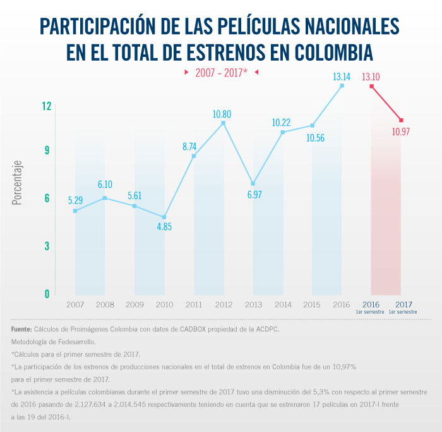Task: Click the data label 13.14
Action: tap(342, 77)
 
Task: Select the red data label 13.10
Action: tap(371, 77)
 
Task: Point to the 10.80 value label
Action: tap(222, 114)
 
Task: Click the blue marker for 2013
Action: tap(253, 183)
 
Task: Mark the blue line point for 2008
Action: tap(105, 198)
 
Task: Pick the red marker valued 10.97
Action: tap(401, 120)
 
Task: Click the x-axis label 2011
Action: tap(194, 305)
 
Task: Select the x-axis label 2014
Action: tap(282, 305)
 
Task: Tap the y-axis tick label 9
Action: tap(47, 151)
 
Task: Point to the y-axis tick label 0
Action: tap(47, 294)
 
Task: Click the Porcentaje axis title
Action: tap(17, 182)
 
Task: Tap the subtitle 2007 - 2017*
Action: tap(221, 73)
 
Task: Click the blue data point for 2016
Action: tap(342, 85)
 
